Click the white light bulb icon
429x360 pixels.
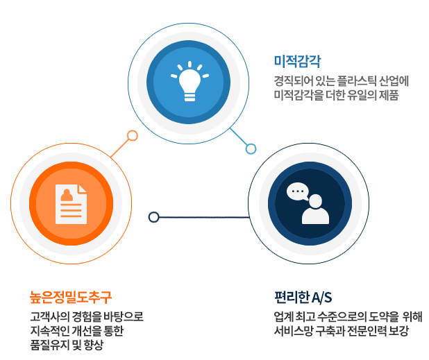point(190,81)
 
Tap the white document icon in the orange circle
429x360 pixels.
point(71,204)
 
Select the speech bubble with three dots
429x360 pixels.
point(298,191)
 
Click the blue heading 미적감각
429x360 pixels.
point(297,61)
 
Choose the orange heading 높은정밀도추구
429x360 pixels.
point(71,297)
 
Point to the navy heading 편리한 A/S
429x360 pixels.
point(303,297)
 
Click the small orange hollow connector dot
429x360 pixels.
point(133,135)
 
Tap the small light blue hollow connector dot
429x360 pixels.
point(251,149)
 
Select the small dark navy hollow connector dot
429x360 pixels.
point(154,217)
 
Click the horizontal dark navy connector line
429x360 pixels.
point(204,217)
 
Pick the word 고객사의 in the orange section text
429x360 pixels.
point(49,316)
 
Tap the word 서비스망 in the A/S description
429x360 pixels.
point(294,331)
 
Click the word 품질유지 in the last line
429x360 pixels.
point(49,345)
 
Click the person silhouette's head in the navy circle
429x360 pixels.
point(315,201)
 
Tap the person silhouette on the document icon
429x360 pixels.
point(67,195)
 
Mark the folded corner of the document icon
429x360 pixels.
point(83,189)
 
